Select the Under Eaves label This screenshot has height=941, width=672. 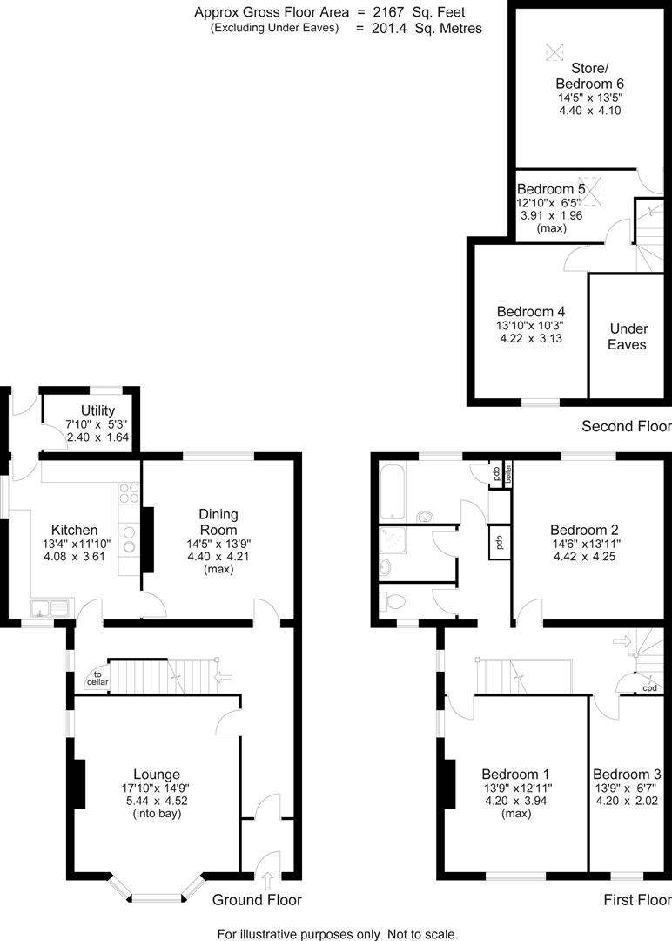coord(628,336)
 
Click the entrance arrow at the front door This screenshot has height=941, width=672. coord(266,881)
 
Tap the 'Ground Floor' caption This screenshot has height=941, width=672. coord(257,900)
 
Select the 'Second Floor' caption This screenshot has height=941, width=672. coord(626,426)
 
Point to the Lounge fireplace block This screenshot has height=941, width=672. coord(79,785)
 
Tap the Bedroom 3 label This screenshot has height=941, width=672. coord(627,774)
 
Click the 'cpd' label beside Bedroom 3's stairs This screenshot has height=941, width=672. coord(649,688)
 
